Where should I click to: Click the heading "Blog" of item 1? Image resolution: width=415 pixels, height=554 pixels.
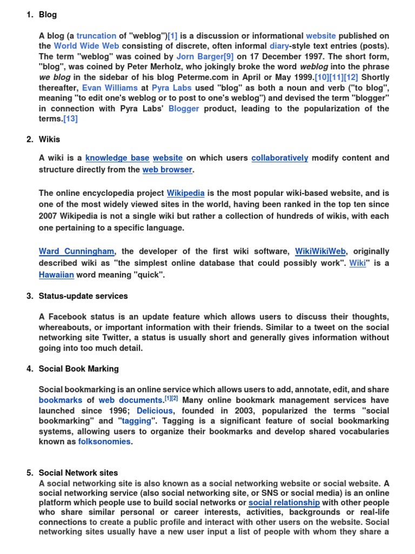coord(48,15)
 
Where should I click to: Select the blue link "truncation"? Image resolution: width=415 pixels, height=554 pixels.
coord(96,36)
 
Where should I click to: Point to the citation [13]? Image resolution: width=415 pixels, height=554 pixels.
coord(70,118)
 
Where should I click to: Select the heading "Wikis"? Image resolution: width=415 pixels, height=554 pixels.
coord(49,140)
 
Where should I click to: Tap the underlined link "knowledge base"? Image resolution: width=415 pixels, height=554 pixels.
coord(117,158)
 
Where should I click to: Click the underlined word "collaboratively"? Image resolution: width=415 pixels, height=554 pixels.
coord(280,158)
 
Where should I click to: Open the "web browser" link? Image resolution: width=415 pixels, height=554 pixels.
coord(167,170)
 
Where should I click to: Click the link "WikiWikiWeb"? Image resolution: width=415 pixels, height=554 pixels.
coord(320,252)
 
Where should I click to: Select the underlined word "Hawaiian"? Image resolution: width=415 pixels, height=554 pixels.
coord(56,275)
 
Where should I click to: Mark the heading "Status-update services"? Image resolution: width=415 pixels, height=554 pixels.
coord(83,296)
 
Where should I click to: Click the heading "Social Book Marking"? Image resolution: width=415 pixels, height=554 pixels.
coord(79,369)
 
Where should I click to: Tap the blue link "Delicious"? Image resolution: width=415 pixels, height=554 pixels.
coord(155,411)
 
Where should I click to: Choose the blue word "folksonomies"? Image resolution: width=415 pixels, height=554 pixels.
coord(104,441)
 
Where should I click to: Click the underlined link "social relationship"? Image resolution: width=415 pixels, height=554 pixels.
coord(284,503)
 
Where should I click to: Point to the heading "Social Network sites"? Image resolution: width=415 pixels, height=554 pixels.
coord(78,473)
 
